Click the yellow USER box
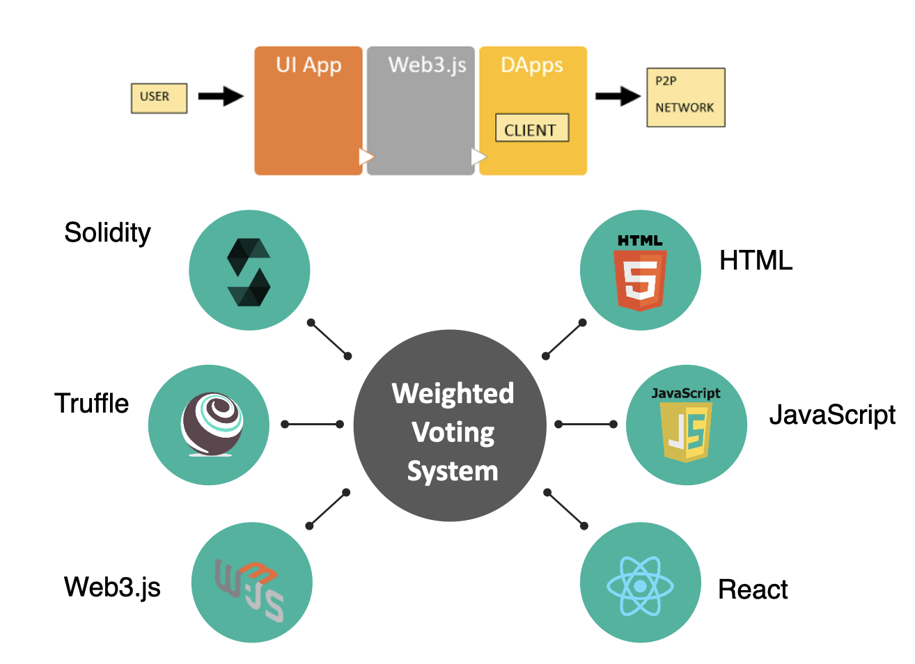pyautogui.click(x=159, y=97)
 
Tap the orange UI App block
pyautogui.click(x=308, y=111)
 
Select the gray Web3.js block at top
pyautogui.click(x=421, y=111)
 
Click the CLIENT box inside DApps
pyautogui.click(x=532, y=129)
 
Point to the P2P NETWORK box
pyautogui.click(x=686, y=97)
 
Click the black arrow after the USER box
pyautogui.click(x=221, y=96)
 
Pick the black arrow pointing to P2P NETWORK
pyautogui.click(x=618, y=96)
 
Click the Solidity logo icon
pyautogui.click(x=249, y=271)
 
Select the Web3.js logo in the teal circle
pyautogui.click(x=249, y=589)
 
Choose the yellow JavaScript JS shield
pyautogui.click(x=687, y=429)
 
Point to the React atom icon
pyautogui.click(x=640, y=586)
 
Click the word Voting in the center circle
pyautogui.click(x=453, y=433)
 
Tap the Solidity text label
pyautogui.click(x=107, y=232)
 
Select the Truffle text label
pyautogui.click(x=92, y=404)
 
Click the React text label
pyautogui.click(x=753, y=590)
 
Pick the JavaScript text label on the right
pyautogui.click(x=832, y=415)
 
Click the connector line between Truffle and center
pyautogui.click(x=312, y=424)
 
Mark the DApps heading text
pyautogui.click(x=532, y=65)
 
